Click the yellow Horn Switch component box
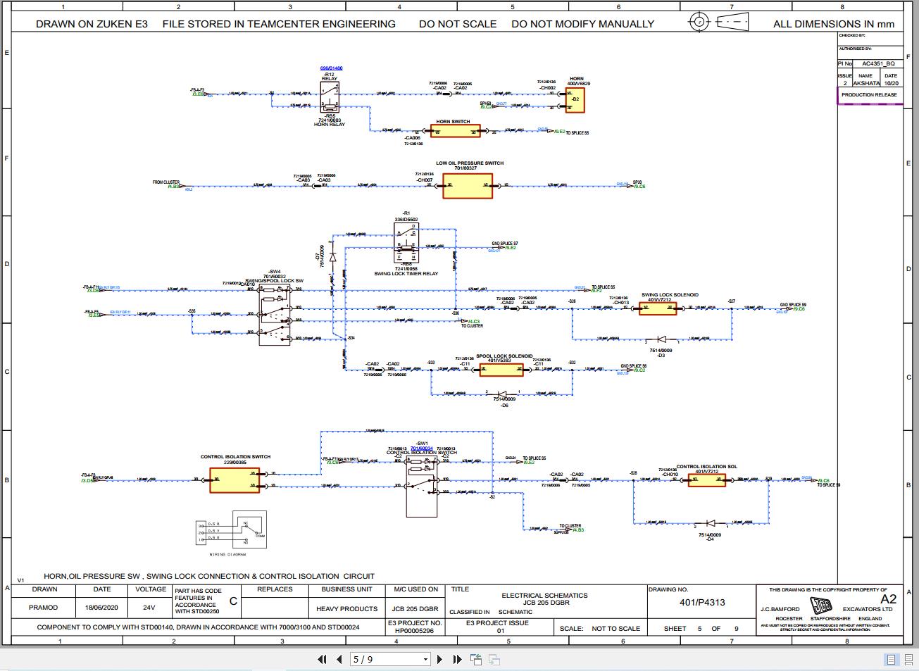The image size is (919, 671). pos(456,131)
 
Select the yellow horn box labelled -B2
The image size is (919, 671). pos(575,99)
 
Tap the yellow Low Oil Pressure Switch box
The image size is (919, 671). pos(467,186)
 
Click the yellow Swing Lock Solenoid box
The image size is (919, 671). pos(658,308)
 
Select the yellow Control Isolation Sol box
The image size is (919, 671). pos(706,479)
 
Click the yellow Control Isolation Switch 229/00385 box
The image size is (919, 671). pos(235,480)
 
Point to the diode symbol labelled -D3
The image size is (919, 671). pos(661,339)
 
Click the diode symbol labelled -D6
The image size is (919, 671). pos(502,393)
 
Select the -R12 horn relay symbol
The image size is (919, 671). pos(330,97)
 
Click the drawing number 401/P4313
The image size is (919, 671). pos(701,602)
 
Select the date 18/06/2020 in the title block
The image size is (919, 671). pos(102,607)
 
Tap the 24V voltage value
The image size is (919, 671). pos(149,607)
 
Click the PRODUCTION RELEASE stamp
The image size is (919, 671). pos(869,94)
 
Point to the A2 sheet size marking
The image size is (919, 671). pos(888,599)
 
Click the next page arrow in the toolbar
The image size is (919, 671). pos(440,660)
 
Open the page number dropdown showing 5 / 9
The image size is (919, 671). pos(425,660)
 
